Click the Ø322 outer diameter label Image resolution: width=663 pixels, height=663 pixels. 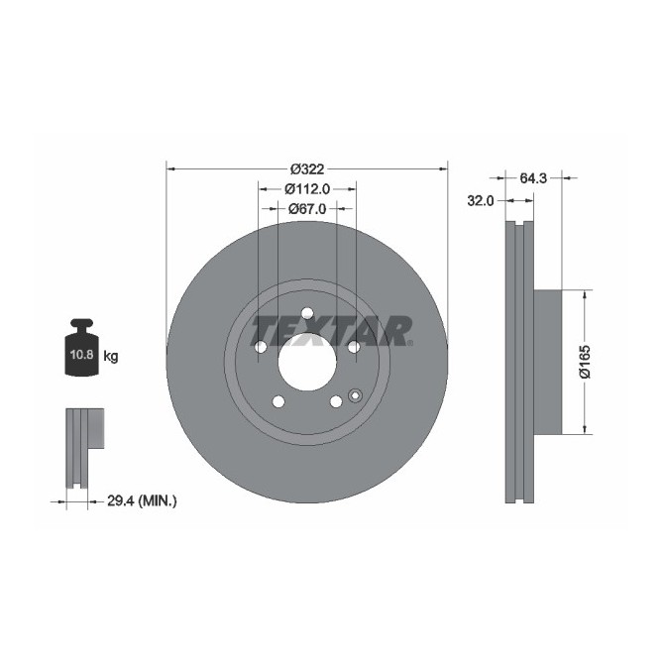pyautogui.click(x=307, y=168)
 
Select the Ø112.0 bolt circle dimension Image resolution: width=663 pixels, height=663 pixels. pyautogui.click(x=307, y=188)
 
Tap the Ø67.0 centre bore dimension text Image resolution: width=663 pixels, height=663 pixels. pyautogui.click(x=307, y=209)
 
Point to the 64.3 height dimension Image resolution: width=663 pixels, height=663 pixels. pyautogui.click(x=533, y=178)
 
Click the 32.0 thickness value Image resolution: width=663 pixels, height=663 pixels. pyautogui.click(x=481, y=200)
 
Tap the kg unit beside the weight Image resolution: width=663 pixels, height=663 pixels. pyautogui.click(x=111, y=356)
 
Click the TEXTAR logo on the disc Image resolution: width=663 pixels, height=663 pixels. pyautogui.click(x=331, y=331)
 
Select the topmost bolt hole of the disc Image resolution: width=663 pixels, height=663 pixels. pyautogui.click(x=307, y=314)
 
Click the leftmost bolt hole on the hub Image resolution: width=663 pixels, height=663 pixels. pyautogui.click(x=261, y=347)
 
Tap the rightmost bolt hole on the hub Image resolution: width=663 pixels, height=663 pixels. pyautogui.click(x=354, y=347)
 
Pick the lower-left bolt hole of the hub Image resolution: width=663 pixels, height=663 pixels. pyautogui.click(x=278, y=401)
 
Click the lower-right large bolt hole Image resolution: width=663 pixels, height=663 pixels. pyautogui.click(x=336, y=401)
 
